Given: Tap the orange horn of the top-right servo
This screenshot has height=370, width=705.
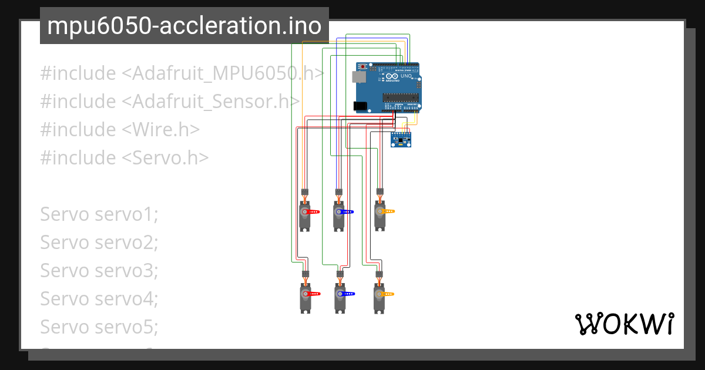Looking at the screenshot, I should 387,211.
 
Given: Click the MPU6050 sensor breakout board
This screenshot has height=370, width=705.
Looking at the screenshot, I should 401,139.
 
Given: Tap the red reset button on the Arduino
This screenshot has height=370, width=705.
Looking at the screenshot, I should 363,66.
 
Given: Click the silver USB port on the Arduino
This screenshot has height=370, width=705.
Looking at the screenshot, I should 358,76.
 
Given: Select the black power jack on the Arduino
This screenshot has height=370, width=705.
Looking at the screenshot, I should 360,106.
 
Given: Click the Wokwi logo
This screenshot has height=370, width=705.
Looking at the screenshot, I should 624,324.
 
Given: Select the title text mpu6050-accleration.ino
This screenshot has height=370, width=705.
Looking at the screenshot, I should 184,26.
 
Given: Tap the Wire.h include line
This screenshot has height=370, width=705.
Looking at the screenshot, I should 120,130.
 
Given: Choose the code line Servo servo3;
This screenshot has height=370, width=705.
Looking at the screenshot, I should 99,270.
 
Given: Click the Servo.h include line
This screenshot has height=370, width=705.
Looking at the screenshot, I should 124,157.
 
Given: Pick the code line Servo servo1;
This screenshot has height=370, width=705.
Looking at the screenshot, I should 99,214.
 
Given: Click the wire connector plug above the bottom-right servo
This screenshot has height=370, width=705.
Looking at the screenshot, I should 380,274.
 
